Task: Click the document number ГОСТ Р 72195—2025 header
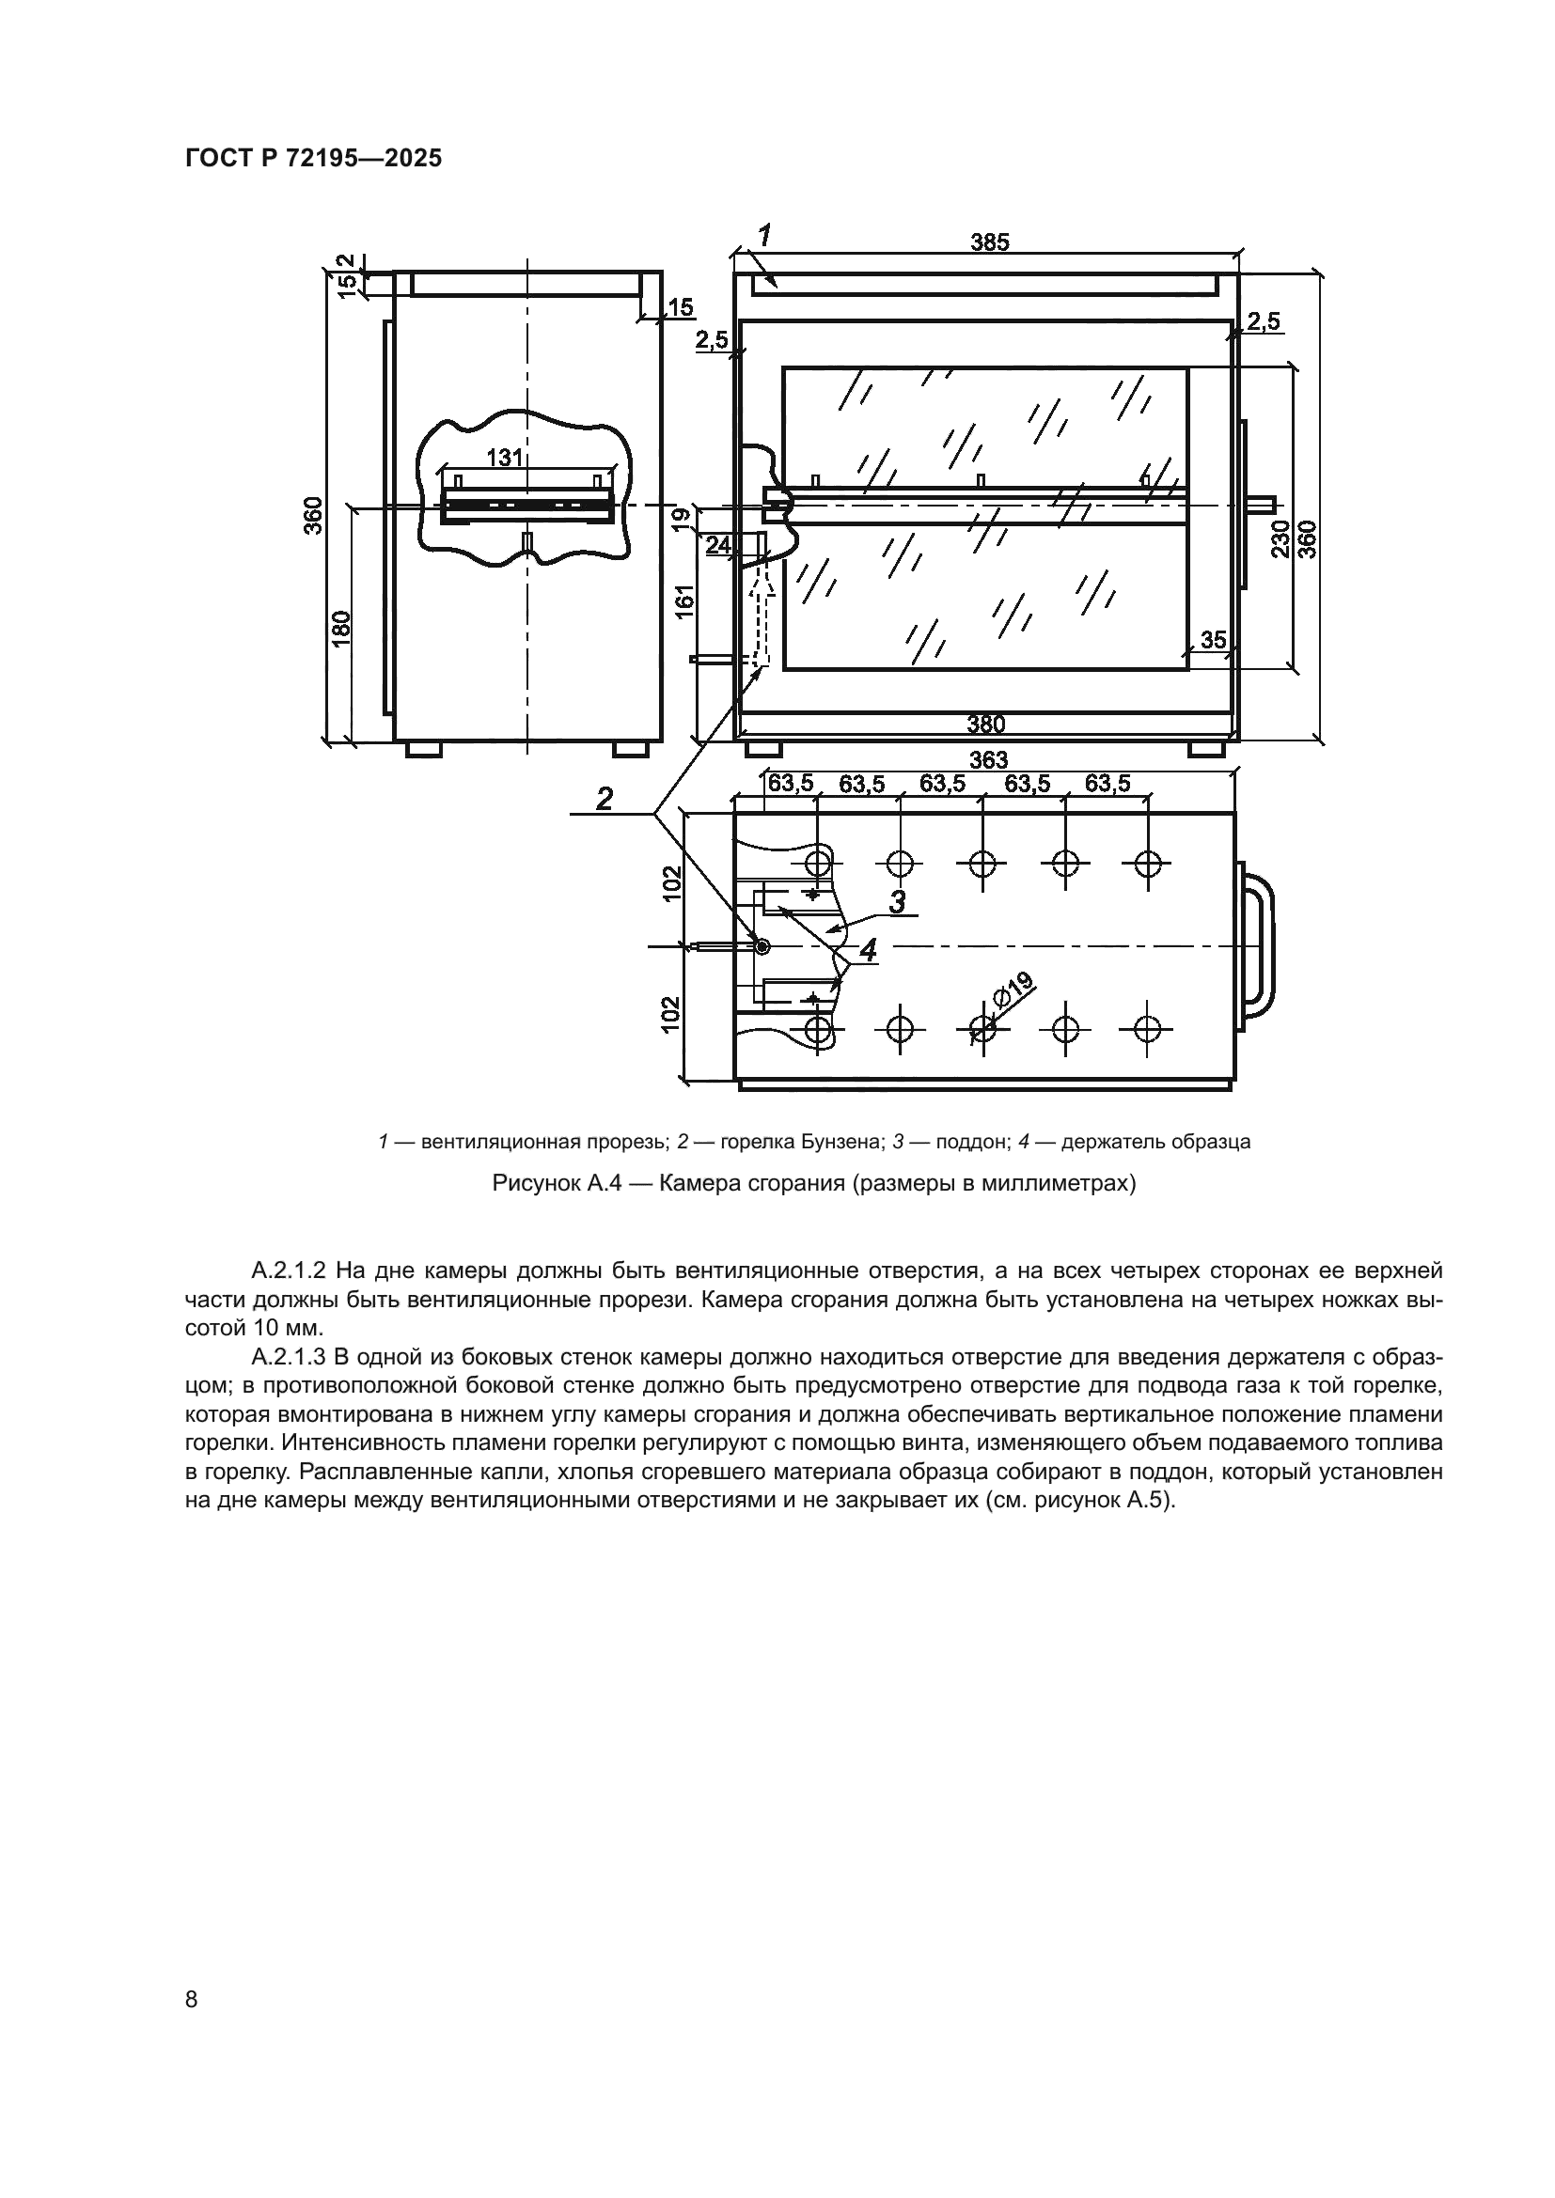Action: (x=313, y=159)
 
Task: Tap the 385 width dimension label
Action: (x=989, y=242)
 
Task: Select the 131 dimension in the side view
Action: (x=505, y=458)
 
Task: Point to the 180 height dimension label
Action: (x=343, y=628)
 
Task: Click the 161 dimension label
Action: (x=683, y=601)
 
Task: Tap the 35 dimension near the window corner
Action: (x=1212, y=640)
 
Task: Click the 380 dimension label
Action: (x=985, y=725)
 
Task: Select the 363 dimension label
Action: (x=988, y=760)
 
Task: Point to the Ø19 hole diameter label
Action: (x=1013, y=990)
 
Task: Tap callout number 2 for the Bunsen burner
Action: (x=605, y=798)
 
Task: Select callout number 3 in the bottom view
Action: (x=897, y=901)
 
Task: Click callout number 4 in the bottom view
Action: (x=868, y=951)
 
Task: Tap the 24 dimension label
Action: (x=718, y=545)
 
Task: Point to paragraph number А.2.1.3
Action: (x=290, y=1357)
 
